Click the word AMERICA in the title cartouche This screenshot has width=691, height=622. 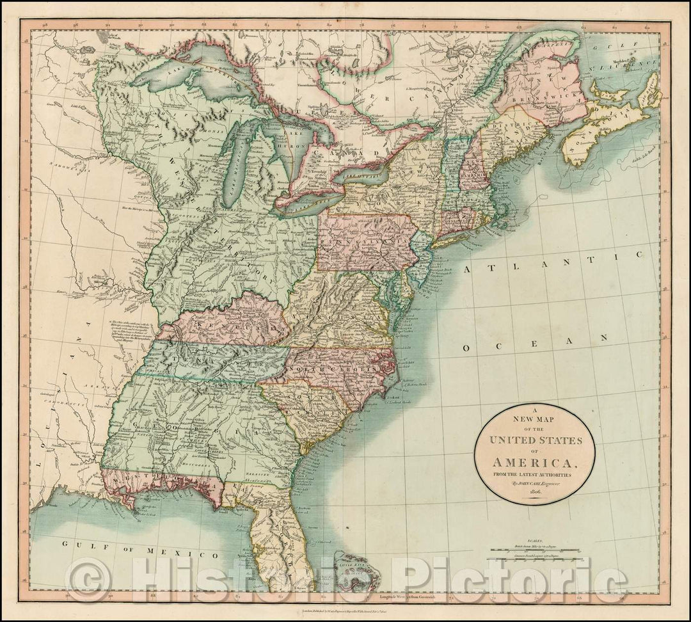(x=534, y=461)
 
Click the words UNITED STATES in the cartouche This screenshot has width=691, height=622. (x=534, y=440)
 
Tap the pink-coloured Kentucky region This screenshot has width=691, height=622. (x=224, y=320)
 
